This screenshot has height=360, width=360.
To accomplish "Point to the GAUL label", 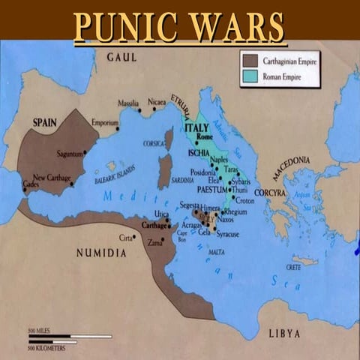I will tap(122, 57).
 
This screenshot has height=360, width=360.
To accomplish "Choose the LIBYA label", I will tap(283, 332).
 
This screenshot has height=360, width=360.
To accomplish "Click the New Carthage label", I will tap(52, 176).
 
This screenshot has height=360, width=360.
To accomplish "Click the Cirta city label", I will tap(127, 238).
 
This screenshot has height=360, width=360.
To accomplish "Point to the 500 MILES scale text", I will tap(37, 331).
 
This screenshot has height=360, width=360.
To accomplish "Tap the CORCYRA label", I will tap(270, 193).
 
